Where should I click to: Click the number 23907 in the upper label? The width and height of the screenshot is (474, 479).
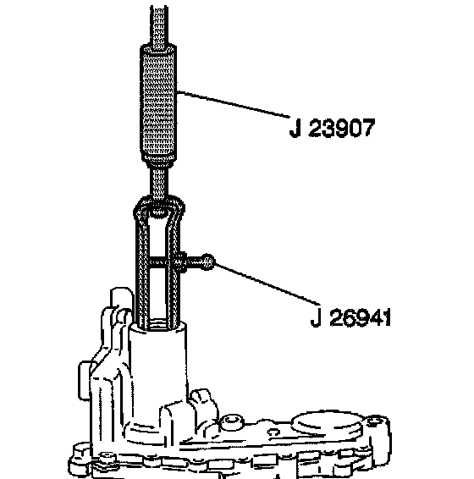click(342, 129)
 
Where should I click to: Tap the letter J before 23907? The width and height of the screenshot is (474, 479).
click(295, 129)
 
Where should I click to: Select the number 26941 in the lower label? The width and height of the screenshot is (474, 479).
click(361, 317)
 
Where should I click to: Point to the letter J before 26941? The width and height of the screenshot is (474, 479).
click(316, 317)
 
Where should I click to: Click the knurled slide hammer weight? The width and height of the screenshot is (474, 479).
click(158, 104)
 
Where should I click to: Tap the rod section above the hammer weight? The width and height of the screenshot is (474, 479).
click(159, 26)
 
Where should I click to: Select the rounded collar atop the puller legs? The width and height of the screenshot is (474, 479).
click(159, 208)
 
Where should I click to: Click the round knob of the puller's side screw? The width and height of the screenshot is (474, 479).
click(208, 262)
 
